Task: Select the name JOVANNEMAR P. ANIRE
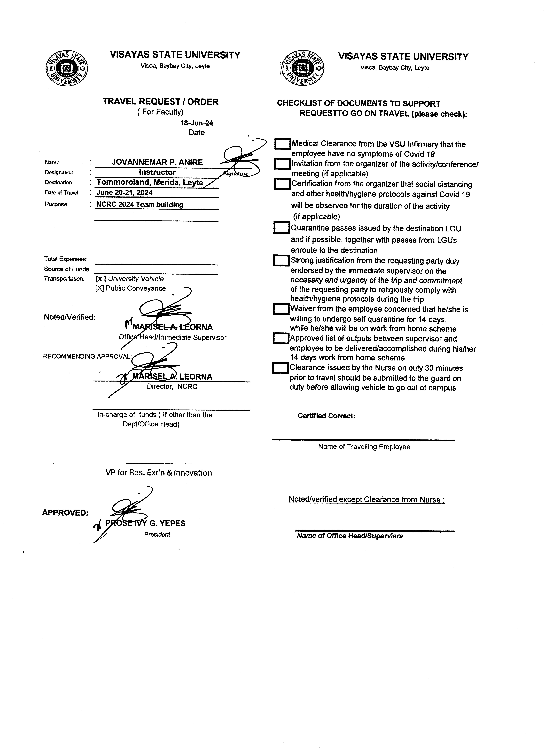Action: pos(157,162)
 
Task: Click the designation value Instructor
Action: pos(157,172)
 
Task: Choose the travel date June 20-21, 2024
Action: pos(125,192)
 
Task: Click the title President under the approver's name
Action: pos(157,534)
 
